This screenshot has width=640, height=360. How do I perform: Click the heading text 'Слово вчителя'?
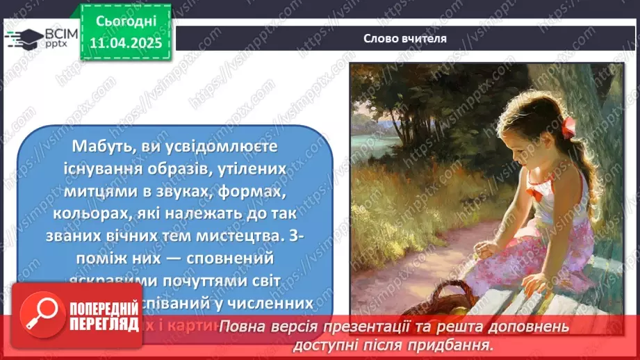click(404, 38)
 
